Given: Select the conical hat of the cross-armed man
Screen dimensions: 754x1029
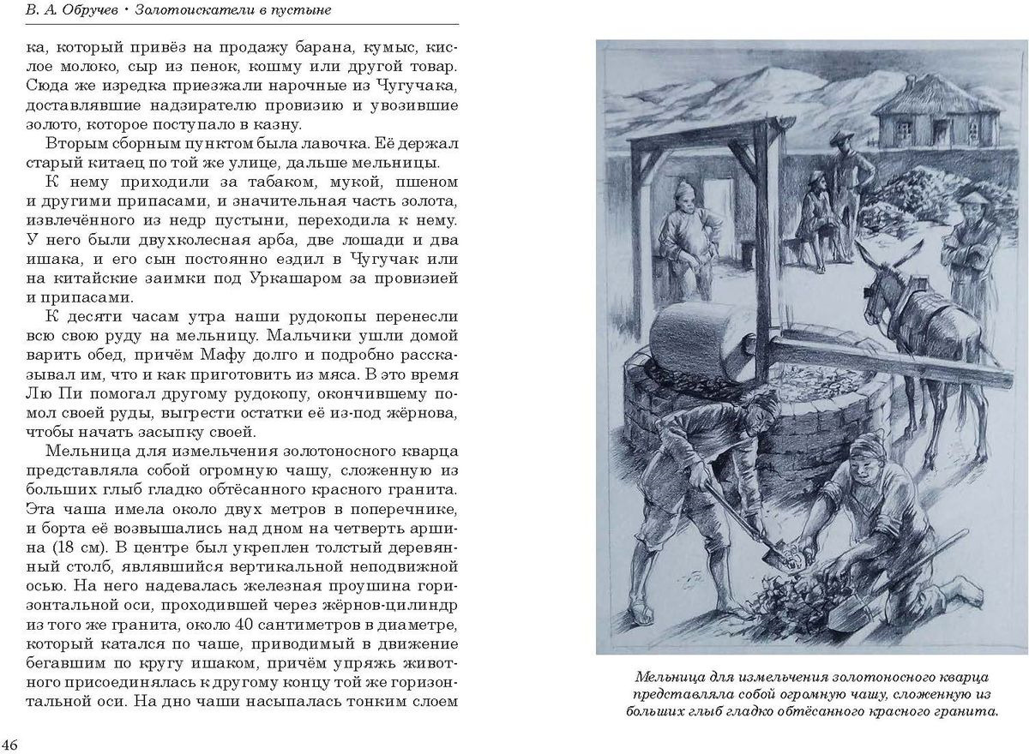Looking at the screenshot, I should coord(972,199).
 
